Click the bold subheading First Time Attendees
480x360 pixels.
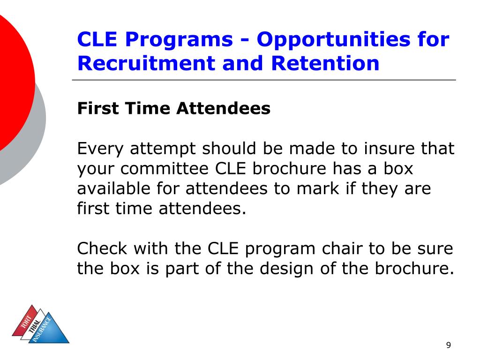click(173, 109)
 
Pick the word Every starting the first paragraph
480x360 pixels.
click(101, 149)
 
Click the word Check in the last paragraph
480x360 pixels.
click(102, 248)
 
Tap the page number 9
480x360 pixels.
click(449, 345)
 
